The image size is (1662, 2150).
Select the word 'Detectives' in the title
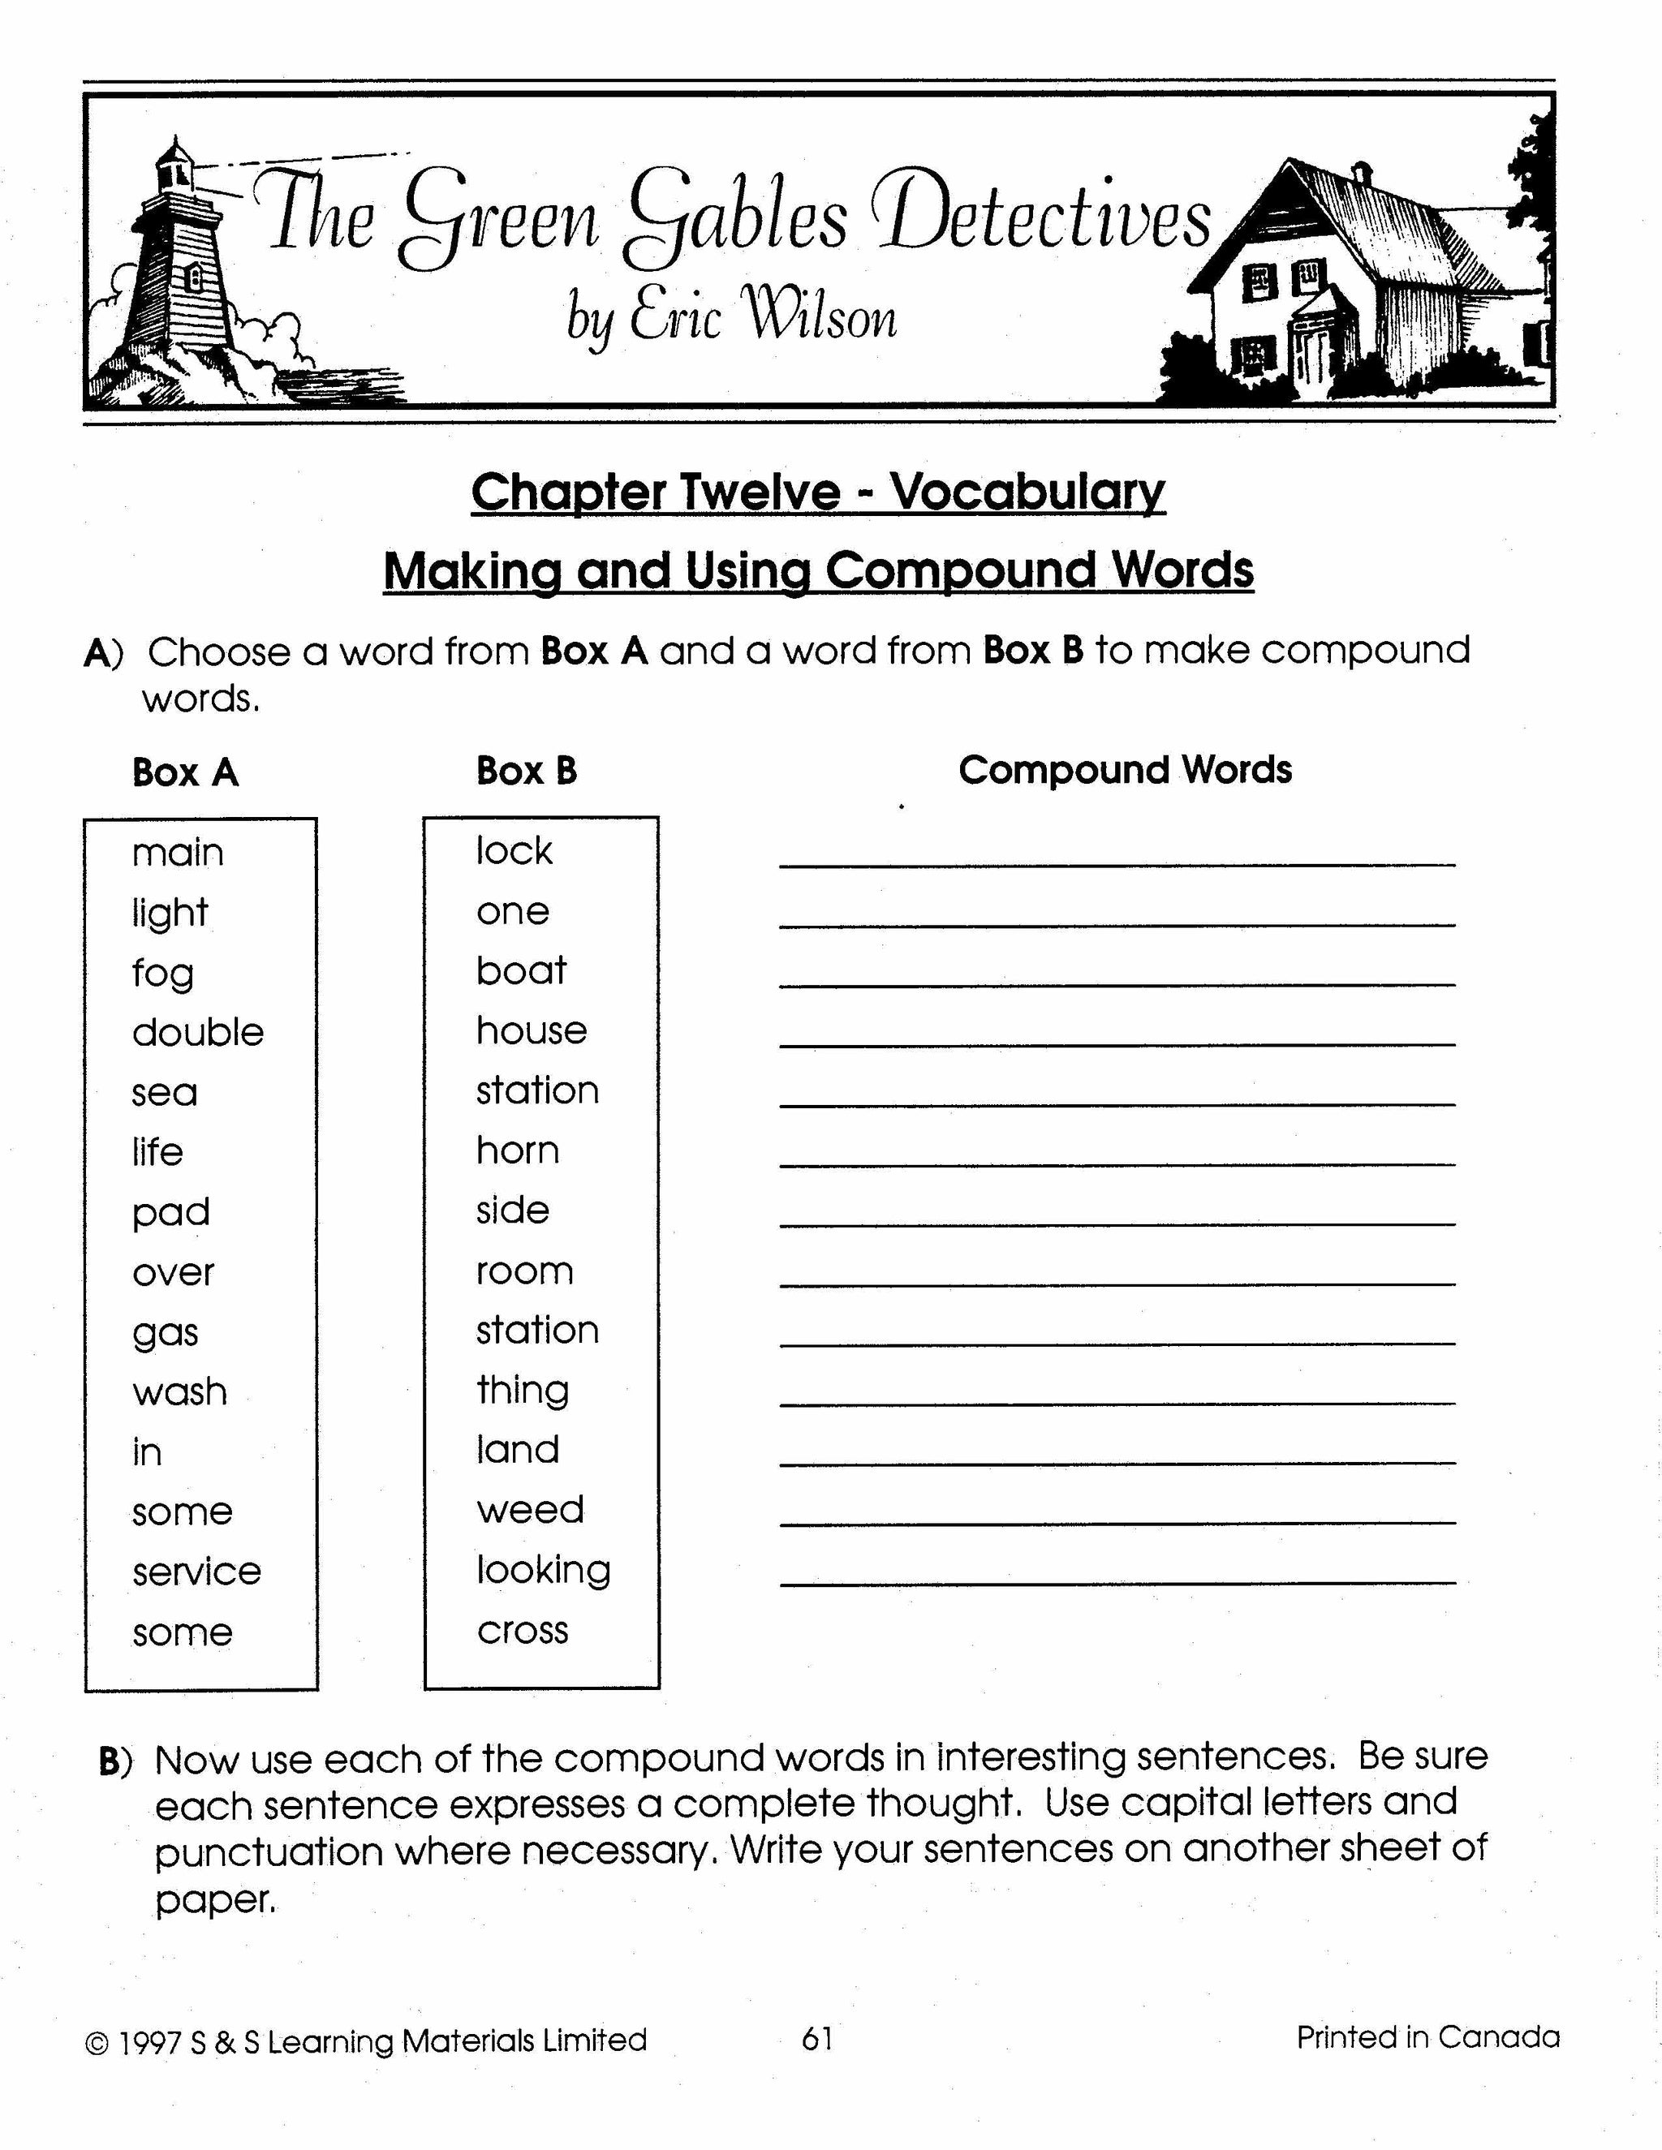1044,218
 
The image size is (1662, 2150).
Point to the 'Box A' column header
185,772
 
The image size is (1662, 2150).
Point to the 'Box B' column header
526,771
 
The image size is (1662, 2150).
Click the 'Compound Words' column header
1125,770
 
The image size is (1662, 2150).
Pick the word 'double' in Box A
198,1032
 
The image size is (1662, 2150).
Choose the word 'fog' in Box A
162,974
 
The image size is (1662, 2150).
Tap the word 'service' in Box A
197,1572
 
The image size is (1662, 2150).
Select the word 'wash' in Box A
179,1392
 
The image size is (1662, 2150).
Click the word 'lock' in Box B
514,850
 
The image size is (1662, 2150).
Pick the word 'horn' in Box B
517,1150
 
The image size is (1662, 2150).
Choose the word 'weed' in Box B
530,1509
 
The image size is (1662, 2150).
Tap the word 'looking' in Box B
544,1570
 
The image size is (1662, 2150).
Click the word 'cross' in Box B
523,1630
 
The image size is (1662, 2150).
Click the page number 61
817,2038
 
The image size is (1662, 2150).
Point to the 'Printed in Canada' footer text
1427,2036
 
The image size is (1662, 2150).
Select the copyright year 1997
149,2043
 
